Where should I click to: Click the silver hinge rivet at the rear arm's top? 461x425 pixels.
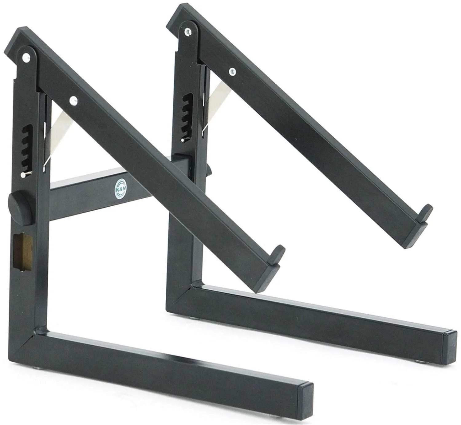(x=188, y=32)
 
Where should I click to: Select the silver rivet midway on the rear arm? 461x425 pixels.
(x=233, y=72)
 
